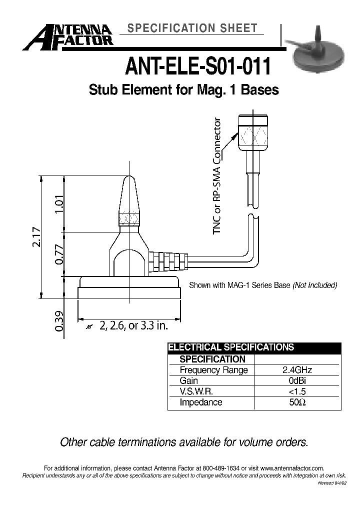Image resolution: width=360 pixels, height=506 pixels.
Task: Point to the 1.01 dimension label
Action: [x=60, y=204]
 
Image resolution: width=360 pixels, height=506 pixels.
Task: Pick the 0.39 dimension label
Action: [x=60, y=320]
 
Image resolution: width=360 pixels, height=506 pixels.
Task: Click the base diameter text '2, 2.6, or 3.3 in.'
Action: [x=133, y=326]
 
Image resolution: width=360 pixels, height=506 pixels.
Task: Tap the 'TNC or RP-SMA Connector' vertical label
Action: [x=217, y=176]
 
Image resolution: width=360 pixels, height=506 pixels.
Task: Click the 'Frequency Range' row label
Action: [x=213, y=370]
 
